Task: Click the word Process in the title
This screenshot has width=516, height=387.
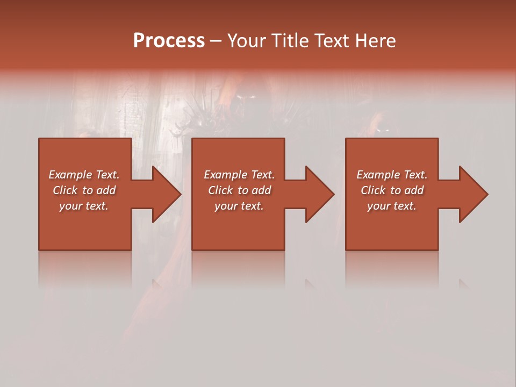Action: (x=169, y=41)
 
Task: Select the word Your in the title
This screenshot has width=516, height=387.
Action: (x=247, y=41)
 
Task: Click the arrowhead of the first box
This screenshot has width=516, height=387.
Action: (x=167, y=194)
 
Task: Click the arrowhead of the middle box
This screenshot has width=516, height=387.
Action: (x=320, y=194)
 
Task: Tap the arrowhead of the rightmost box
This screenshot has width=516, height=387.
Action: (x=473, y=194)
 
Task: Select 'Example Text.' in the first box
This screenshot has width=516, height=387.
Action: (x=84, y=175)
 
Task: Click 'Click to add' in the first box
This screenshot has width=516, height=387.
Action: (x=84, y=190)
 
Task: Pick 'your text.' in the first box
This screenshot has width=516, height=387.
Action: (x=84, y=206)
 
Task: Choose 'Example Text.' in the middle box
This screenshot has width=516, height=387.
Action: (x=239, y=175)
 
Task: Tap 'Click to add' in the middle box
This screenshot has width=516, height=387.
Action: (x=239, y=190)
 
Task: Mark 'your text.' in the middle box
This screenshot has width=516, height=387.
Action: (x=239, y=206)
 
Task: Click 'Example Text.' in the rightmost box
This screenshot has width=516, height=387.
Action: (x=392, y=175)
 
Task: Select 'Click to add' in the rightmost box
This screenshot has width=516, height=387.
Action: (x=392, y=190)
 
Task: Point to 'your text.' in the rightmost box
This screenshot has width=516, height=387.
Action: (x=392, y=206)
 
